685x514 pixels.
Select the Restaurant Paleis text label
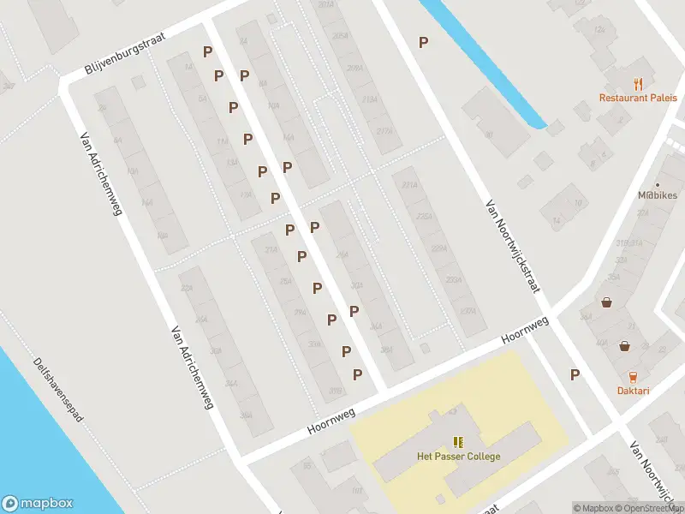[x=638, y=98]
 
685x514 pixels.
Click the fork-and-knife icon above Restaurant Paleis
[x=638, y=83]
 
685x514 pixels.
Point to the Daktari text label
[x=633, y=391]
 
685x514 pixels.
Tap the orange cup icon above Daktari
[x=633, y=376]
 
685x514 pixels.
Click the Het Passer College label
[x=458, y=457]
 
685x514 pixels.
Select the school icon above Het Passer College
[x=458, y=442]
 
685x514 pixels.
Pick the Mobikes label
[x=658, y=195]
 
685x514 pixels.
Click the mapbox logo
[x=38, y=504]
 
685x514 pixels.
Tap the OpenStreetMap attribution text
[x=652, y=508]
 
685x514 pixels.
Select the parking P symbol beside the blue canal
[x=423, y=41]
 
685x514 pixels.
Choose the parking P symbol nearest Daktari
[x=575, y=374]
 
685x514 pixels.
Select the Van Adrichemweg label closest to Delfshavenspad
[x=192, y=367]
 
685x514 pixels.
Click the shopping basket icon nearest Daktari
[x=625, y=345]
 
